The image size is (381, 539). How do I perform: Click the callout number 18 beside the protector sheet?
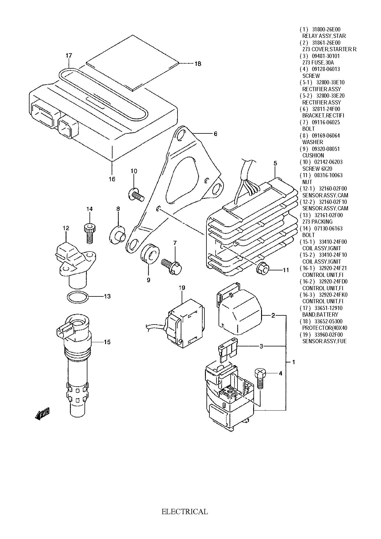point(198,64)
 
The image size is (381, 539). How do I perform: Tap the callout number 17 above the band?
point(69,55)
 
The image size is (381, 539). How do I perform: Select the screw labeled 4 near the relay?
point(260,378)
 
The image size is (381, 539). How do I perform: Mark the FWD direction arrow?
point(42,414)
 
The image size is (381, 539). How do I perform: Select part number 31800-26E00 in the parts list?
point(326,29)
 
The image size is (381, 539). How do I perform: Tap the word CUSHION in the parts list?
point(313,155)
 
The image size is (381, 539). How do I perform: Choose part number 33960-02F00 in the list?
point(329,335)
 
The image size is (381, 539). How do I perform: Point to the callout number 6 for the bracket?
point(216,134)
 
